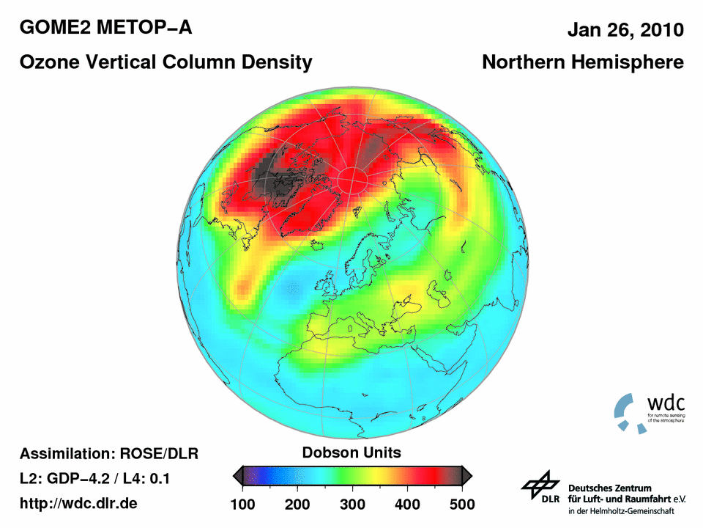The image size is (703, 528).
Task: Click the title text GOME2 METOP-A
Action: pos(106,29)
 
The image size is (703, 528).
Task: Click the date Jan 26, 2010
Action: pos(625,30)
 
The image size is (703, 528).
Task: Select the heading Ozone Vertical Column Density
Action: pos(165,62)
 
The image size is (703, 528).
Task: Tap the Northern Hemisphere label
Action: pos(582,62)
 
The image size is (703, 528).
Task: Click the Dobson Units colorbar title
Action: pos(351,452)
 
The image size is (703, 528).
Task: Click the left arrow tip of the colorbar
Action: pos(235,477)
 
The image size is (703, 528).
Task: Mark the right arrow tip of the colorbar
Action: pos(469,477)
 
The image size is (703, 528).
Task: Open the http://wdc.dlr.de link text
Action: pos(78,504)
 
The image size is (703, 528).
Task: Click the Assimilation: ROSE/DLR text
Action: pos(109,453)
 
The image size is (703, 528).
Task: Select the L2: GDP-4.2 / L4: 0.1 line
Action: pos(95,479)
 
